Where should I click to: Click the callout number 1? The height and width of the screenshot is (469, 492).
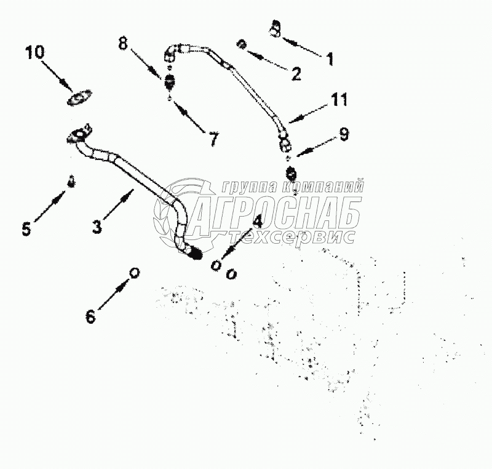330,59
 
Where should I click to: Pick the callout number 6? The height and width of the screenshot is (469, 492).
90,316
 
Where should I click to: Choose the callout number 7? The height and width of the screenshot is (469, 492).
213,140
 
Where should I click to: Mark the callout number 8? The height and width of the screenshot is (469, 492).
124,44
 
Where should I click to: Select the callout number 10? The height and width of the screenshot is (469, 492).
35,52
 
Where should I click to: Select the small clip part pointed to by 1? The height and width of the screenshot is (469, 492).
276,28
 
